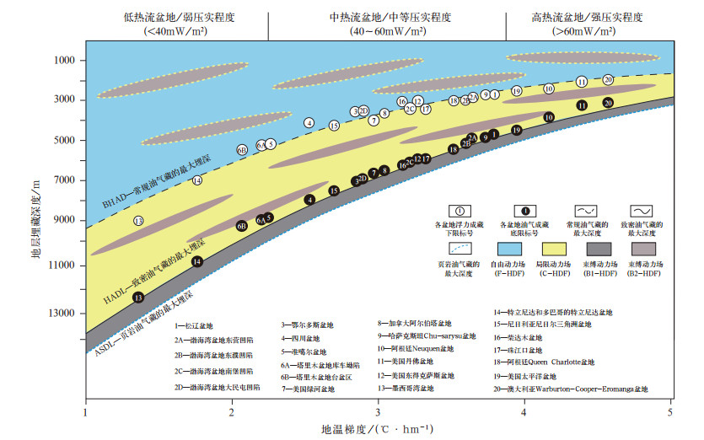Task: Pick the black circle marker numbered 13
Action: tap(138, 297)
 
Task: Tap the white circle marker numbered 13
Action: tap(138, 221)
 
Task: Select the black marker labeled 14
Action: tap(196, 261)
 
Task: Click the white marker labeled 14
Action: tap(197, 180)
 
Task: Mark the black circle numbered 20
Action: tap(608, 103)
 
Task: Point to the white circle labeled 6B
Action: tap(242, 150)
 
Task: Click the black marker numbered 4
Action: tap(309, 200)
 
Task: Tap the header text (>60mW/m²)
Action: tap(594, 32)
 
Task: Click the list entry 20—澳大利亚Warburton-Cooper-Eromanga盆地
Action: tap(571, 389)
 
